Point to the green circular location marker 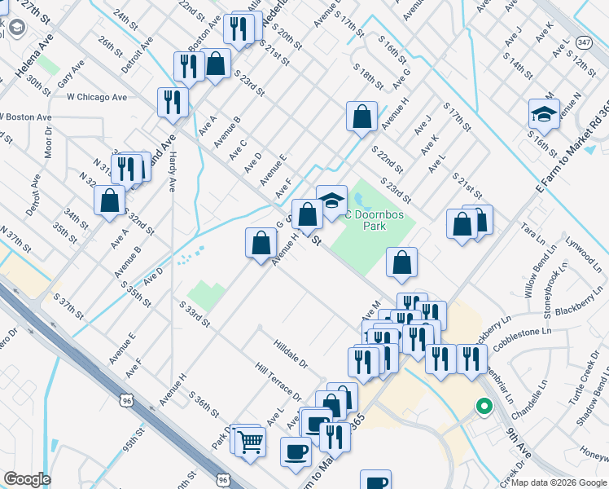(x=484, y=405)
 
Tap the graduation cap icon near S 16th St (x=544, y=114)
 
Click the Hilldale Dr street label (x=291, y=354)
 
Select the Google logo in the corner (x=27, y=479)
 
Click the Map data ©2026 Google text (x=559, y=482)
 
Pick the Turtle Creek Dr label (x=579, y=385)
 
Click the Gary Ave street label (x=70, y=73)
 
